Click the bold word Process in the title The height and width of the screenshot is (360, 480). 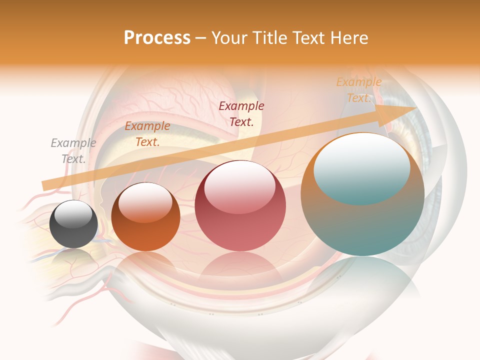(157, 38)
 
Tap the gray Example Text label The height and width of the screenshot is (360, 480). (73, 150)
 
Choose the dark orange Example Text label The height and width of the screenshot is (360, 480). (147, 133)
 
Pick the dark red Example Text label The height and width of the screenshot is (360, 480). (241, 113)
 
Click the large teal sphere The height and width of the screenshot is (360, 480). (362, 220)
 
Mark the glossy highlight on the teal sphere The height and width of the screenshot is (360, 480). (362, 167)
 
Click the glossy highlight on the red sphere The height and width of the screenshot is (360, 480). (240, 186)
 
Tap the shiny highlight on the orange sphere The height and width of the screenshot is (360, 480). (145, 201)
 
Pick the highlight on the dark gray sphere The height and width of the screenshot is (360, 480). (73, 214)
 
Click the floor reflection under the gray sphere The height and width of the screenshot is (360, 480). (73, 257)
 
